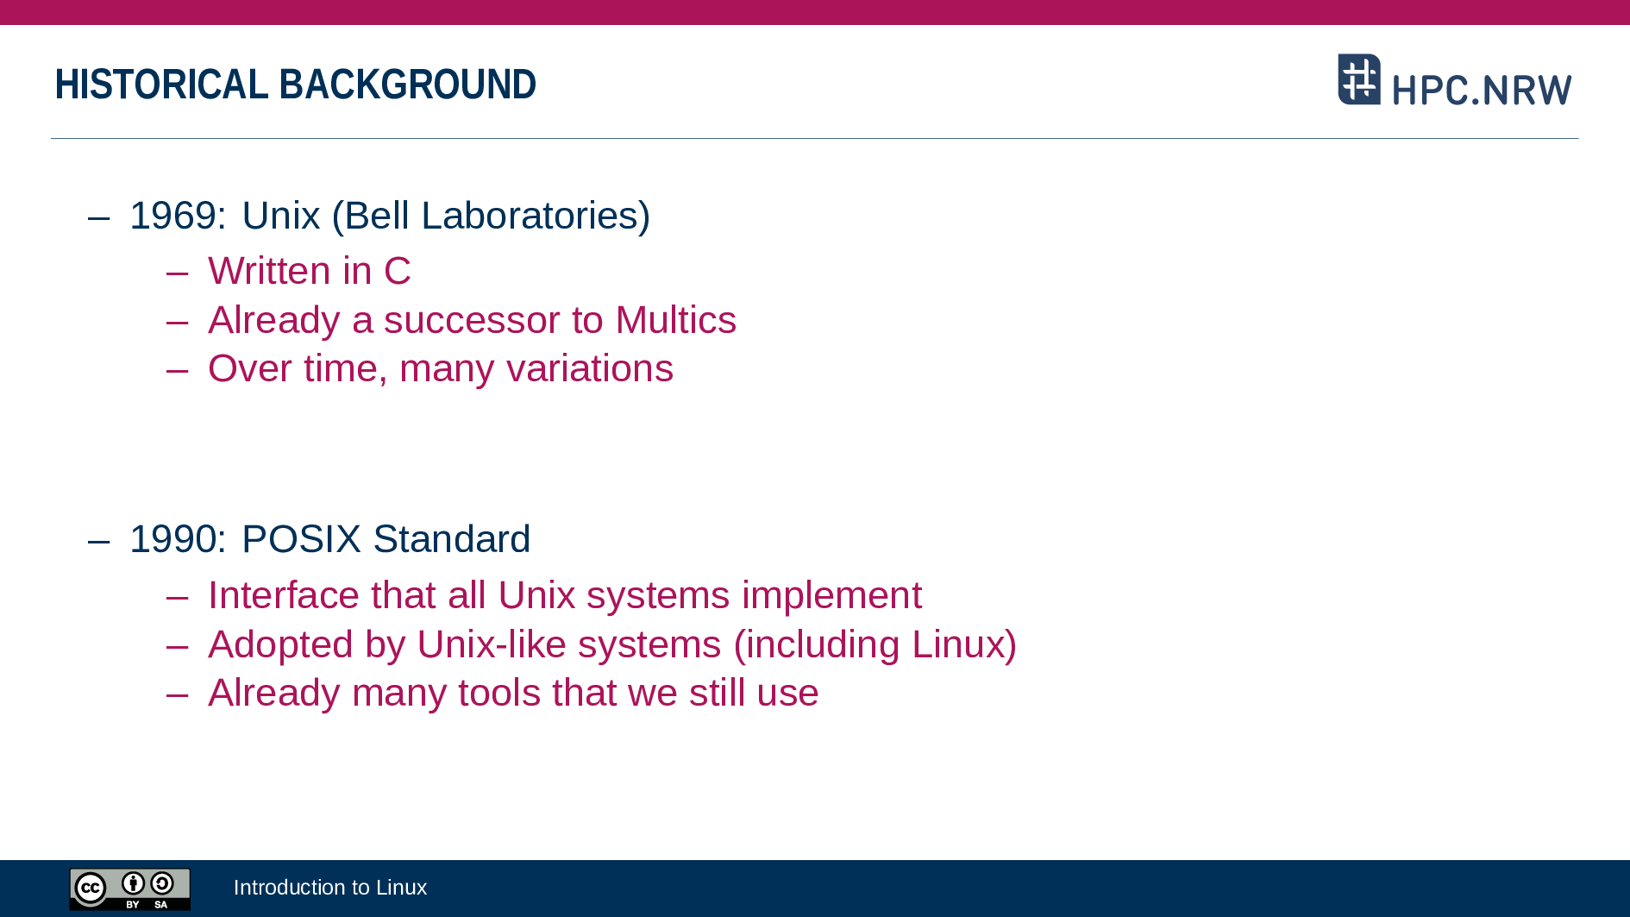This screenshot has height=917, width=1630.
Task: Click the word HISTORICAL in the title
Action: [x=161, y=85]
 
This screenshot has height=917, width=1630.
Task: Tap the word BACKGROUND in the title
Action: [x=408, y=85]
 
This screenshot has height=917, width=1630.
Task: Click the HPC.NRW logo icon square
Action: [x=1359, y=79]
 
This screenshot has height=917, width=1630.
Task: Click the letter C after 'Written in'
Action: [x=397, y=271]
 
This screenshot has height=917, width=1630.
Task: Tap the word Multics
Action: [x=676, y=320]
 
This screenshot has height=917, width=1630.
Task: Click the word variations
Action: [x=590, y=368]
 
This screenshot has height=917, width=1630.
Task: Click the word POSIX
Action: [x=301, y=539]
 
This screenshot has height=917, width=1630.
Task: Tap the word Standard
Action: [x=452, y=539]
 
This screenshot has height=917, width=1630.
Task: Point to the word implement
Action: [x=831, y=596]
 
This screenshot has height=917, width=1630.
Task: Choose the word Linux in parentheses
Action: [x=957, y=644]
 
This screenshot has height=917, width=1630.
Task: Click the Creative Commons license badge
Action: [x=130, y=889]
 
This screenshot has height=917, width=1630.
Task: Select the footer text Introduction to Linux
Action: [x=330, y=888]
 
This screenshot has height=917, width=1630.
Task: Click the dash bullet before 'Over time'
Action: [x=177, y=370]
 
